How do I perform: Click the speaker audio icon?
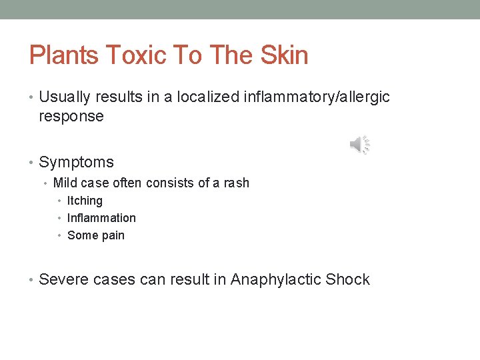[x=359, y=144]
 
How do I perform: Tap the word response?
[x=71, y=117]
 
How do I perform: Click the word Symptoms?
[x=76, y=162]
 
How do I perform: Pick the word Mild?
[x=65, y=183]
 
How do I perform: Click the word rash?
[x=236, y=183]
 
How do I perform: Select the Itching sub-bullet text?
[x=85, y=201]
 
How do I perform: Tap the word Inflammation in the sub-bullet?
[x=101, y=218]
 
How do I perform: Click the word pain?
[x=113, y=235]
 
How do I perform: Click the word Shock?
[x=347, y=279]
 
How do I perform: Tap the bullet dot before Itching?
[x=60, y=201]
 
